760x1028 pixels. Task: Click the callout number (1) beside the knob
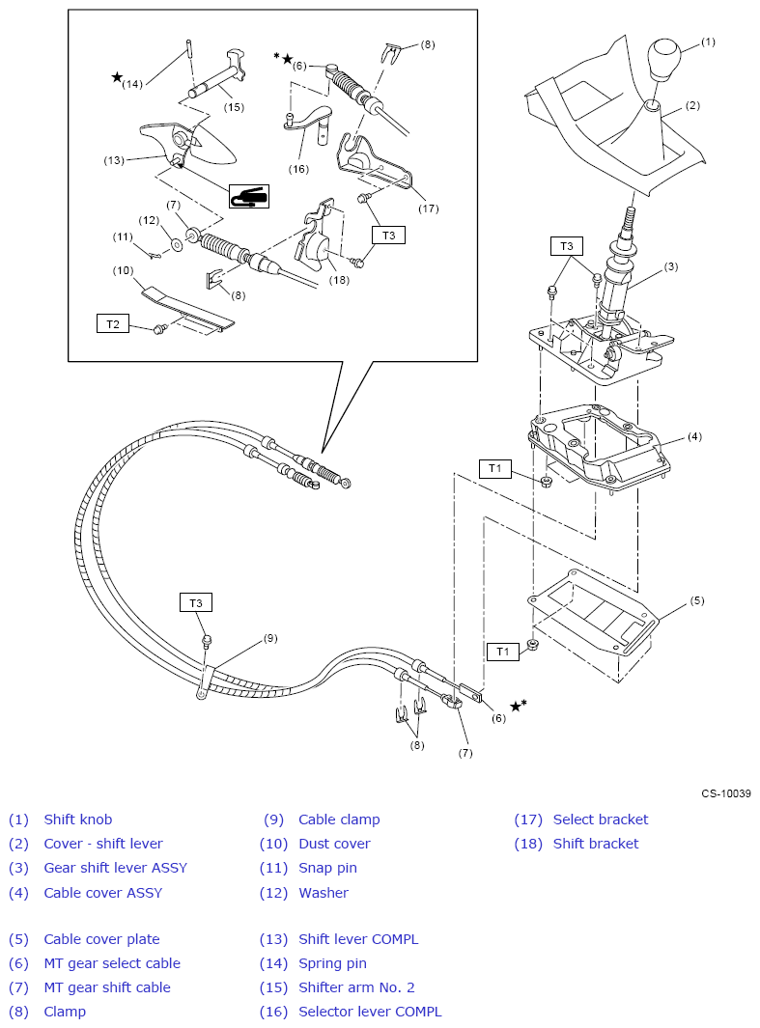point(708,42)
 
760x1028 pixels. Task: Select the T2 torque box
point(113,323)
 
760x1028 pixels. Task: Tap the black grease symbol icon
point(248,197)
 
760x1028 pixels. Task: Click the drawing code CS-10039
point(726,793)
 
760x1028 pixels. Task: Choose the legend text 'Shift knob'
point(78,820)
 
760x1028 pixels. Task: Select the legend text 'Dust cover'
point(334,844)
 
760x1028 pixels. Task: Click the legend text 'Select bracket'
point(601,820)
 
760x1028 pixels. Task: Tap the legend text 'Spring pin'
point(332,963)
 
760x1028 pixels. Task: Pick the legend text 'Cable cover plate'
point(101,939)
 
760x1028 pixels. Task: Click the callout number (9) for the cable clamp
point(270,638)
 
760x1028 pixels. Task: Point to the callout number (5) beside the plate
point(697,600)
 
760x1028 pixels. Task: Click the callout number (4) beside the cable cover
point(694,436)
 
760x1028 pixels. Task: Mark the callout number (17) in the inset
point(427,208)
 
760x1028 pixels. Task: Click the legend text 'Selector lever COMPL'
point(370,1012)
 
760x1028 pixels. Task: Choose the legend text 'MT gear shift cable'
point(107,987)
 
